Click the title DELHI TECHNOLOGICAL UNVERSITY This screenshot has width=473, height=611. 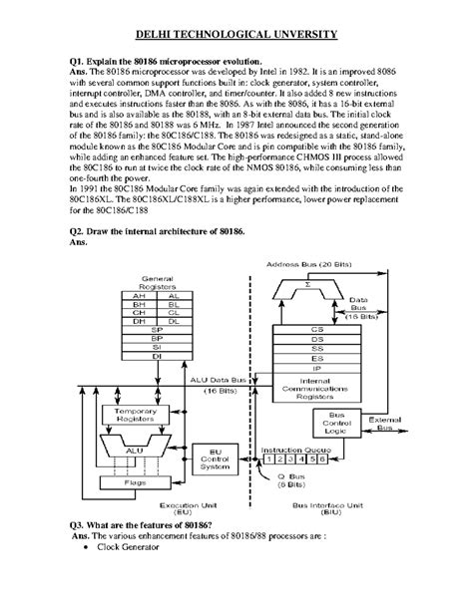(236, 34)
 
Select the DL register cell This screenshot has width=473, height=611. (174, 322)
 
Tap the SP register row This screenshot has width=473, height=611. (154, 331)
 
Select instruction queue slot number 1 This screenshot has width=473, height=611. (271, 460)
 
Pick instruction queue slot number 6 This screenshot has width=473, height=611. (324, 460)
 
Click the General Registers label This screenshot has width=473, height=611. (154, 279)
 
